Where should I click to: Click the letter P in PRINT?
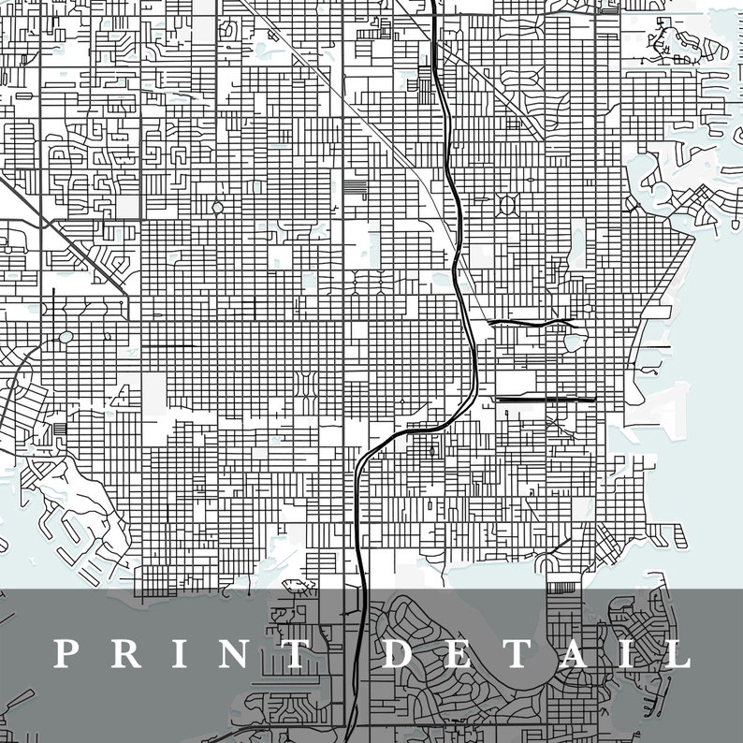coord(66,653)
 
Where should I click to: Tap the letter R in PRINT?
coord(124,653)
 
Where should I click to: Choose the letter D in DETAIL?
coord(399,653)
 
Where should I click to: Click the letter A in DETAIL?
coord(575,653)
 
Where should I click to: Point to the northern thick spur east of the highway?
coord(529,323)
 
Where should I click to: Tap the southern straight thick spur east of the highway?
coord(543,400)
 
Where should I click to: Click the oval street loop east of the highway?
coord(510,203)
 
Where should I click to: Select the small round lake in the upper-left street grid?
coord(217,207)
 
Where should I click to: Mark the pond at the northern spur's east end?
coord(574,342)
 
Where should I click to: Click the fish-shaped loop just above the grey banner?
coord(296,587)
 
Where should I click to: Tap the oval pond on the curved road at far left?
coord(66,337)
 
